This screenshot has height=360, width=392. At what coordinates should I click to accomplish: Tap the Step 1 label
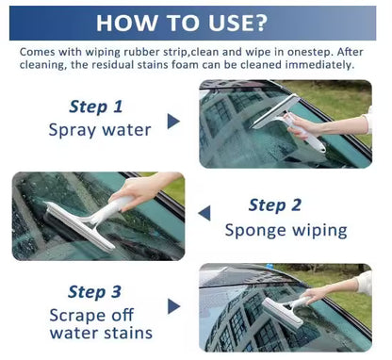[x=95, y=106]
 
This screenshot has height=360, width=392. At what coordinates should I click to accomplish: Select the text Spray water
[x=99, y=129]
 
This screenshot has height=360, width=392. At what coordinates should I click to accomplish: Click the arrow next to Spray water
[x=173, y=121]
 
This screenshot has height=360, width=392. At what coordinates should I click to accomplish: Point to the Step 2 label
[x=275, y=205]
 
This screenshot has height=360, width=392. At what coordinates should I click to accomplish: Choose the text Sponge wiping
[x=286, y=229]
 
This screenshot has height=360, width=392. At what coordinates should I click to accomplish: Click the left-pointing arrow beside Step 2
[x=204, y=214]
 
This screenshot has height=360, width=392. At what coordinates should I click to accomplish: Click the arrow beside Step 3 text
[x=173, y=305]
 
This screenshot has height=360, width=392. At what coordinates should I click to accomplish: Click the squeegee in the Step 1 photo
[x=283, y=123]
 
